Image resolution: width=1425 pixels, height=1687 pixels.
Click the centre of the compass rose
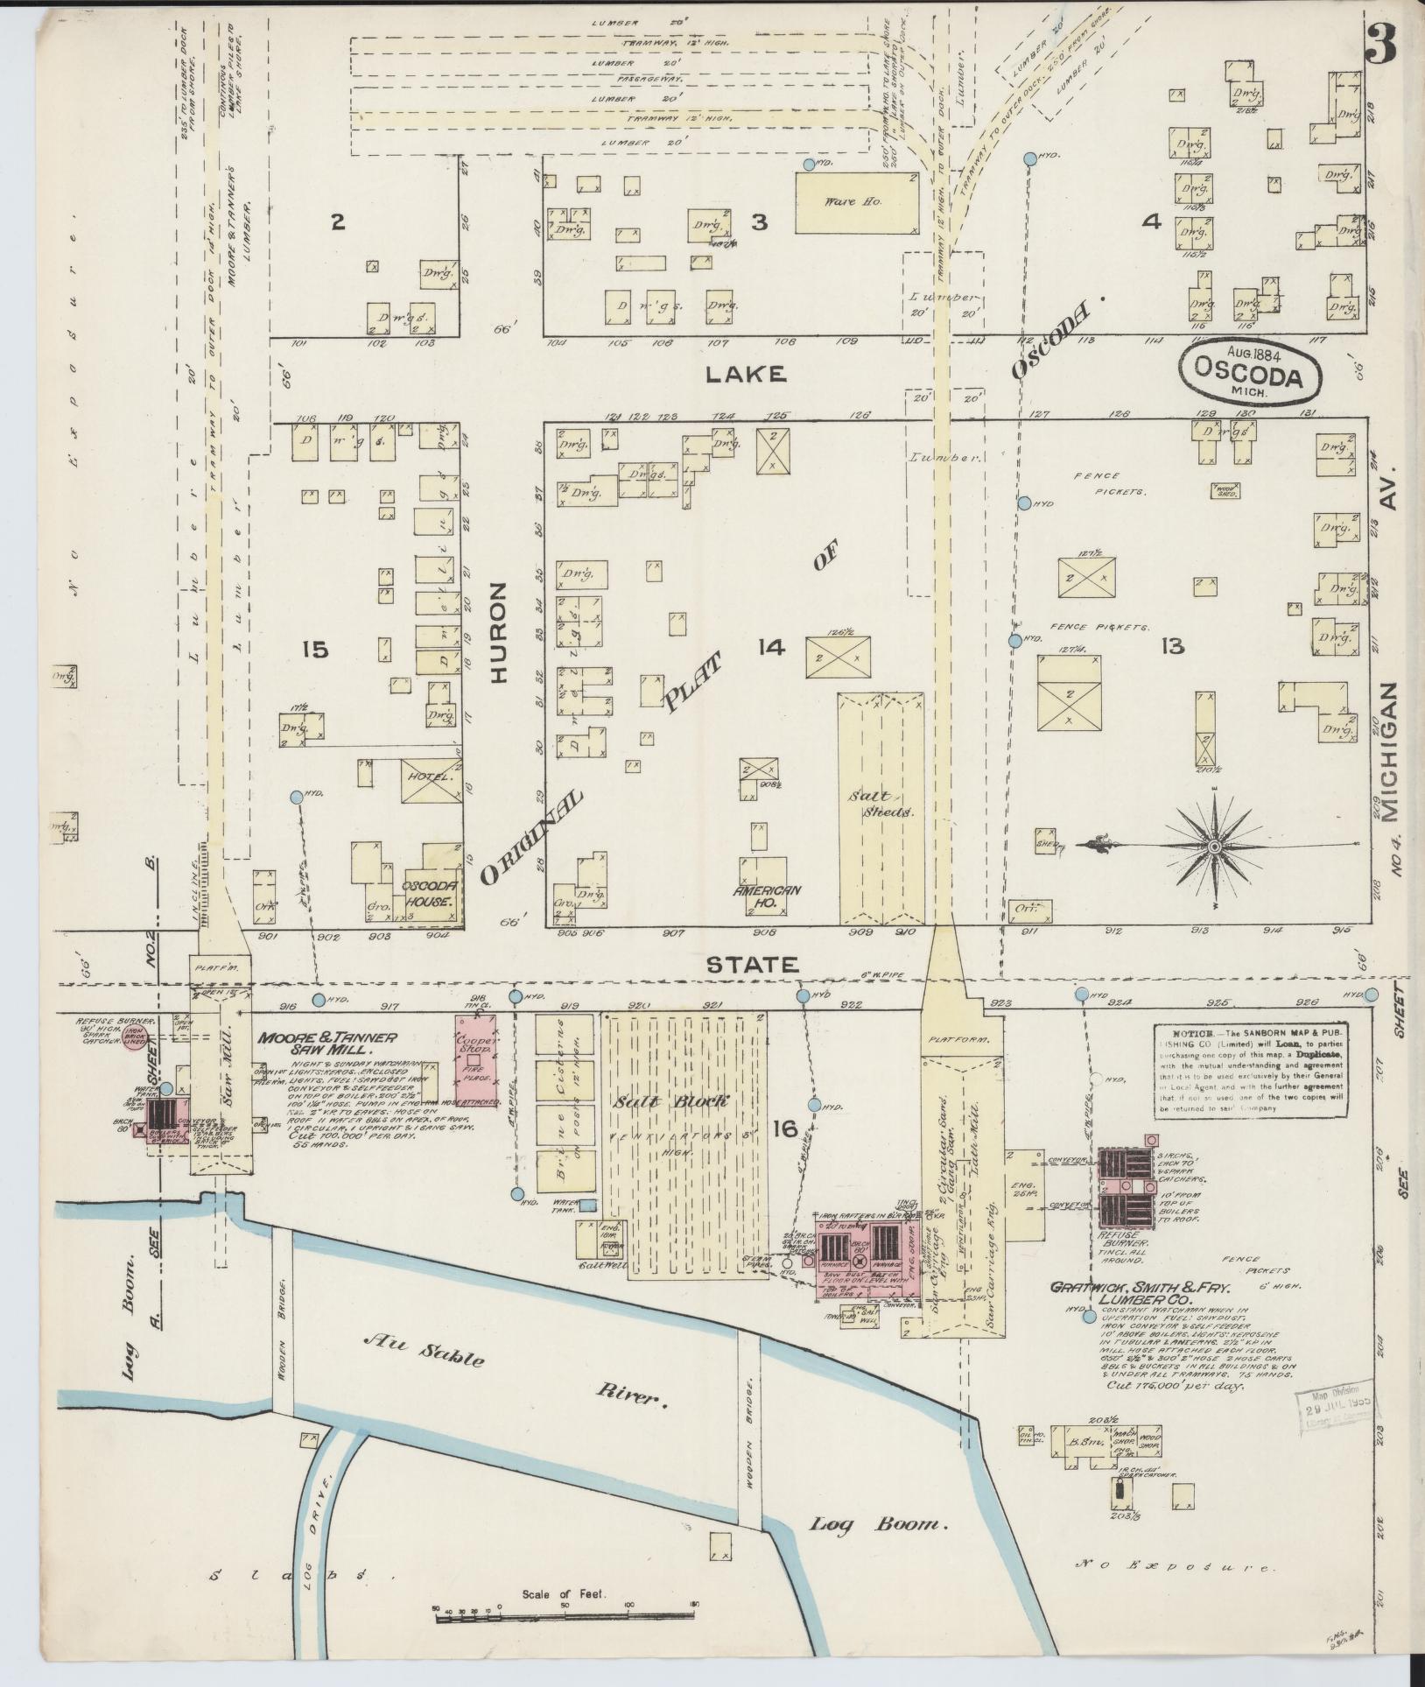coord(1214,847)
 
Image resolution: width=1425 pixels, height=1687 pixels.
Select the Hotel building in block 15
coord(431,778)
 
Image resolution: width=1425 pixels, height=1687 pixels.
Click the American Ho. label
coord(767,896)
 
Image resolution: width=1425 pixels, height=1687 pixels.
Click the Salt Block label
coord(683,1101)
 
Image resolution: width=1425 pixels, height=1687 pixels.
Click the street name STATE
coord(752,965)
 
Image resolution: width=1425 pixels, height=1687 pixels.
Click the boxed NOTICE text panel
coord(1250,1069)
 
